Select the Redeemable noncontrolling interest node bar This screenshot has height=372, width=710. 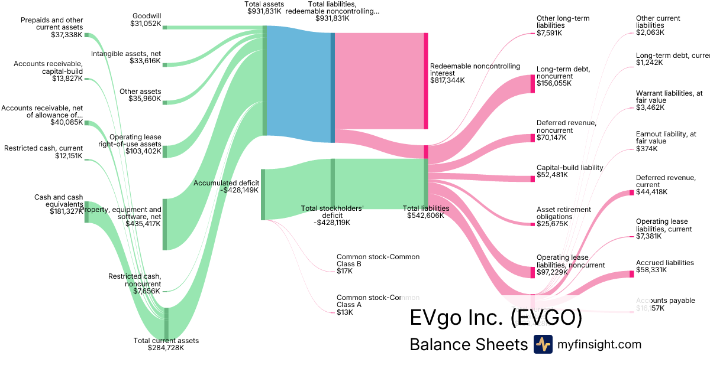point(425,81)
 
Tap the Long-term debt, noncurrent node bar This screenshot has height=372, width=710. point(532,84)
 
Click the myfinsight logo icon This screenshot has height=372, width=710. point(543,344)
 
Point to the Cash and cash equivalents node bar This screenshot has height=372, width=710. point(86,212)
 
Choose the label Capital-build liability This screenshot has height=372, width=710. point(570,167)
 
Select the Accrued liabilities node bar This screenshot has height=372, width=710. point(631,274)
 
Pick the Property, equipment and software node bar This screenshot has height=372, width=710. point(165,224)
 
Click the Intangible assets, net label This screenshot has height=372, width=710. point(126,54)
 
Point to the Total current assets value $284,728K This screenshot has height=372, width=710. point(166,348)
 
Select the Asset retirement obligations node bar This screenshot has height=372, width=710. point(532,224)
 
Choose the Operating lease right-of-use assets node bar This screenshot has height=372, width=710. point(165,151)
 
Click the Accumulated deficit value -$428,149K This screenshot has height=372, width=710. point(226,191)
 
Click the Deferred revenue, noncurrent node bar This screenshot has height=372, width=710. point(532,138)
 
